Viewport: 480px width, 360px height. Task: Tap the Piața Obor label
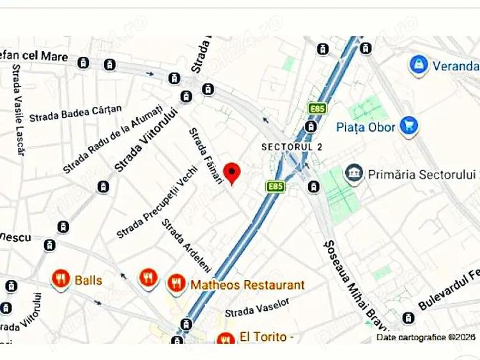[x=365, y=126]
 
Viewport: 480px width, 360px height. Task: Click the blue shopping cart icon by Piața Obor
[x=407, y=125]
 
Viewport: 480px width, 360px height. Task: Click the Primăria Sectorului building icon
[x=353, y=173]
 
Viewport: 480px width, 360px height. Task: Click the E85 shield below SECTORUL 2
[x=275, y=186]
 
